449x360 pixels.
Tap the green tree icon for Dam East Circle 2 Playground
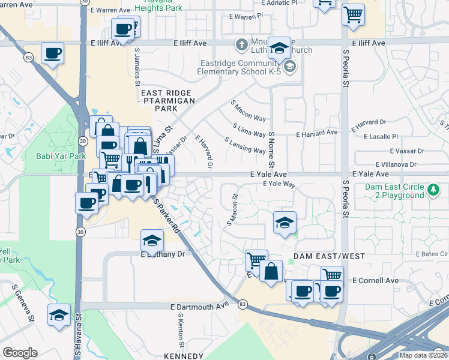pos(433,190)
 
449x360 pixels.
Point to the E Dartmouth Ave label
pos(200,305)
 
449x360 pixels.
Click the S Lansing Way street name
pos(245,146)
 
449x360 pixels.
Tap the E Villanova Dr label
pos(396,164)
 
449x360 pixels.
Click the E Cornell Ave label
pos(375,280)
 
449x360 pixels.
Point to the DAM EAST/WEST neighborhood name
pos(329,256)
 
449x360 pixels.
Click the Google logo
pos(20,352)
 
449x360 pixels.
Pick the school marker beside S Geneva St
pos(58,315)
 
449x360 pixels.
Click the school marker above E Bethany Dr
pos(152,240)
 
